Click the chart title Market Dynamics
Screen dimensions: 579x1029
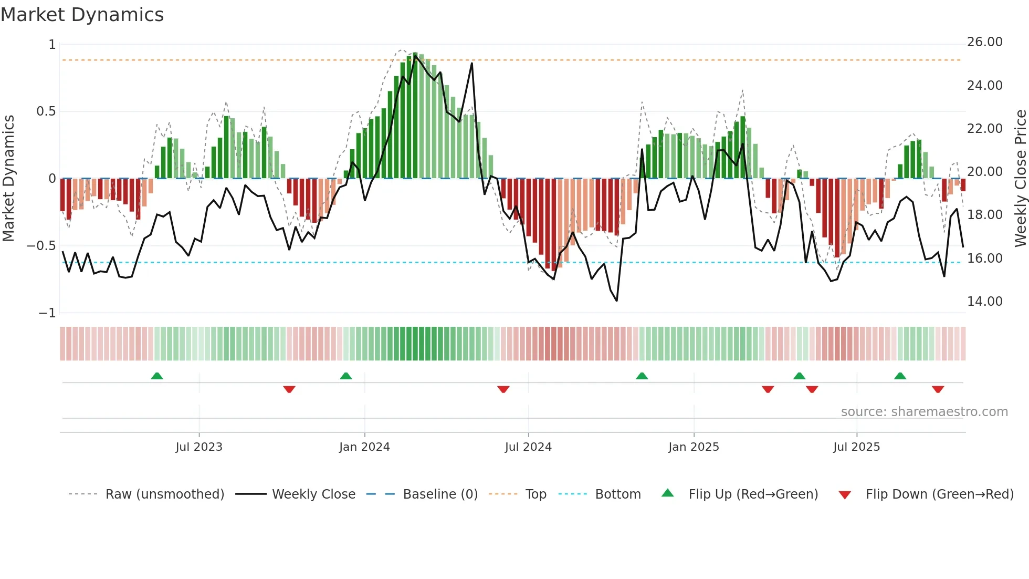pos(82,15)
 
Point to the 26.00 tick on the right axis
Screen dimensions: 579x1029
pos(984,42)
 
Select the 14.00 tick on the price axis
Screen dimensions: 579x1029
pos(984,302)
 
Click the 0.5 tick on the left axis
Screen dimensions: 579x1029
pos(46,111)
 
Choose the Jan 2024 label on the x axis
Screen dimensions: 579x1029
pos(364,447)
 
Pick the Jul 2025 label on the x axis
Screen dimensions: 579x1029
pos(856,447)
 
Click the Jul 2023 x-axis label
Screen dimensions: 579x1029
pos(199,447)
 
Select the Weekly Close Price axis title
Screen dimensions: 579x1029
pos(1020,179)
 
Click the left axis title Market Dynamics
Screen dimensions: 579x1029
pos(8,179)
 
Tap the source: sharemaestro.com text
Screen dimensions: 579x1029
pos(924,412)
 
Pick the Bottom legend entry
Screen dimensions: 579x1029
pos(617,494)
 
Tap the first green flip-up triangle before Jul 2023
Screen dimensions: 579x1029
pos(157,376)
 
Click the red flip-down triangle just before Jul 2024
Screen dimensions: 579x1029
pos(503,389)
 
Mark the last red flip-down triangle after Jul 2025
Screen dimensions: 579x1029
pos(938,389)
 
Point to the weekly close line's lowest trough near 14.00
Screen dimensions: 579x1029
pos(616,301)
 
